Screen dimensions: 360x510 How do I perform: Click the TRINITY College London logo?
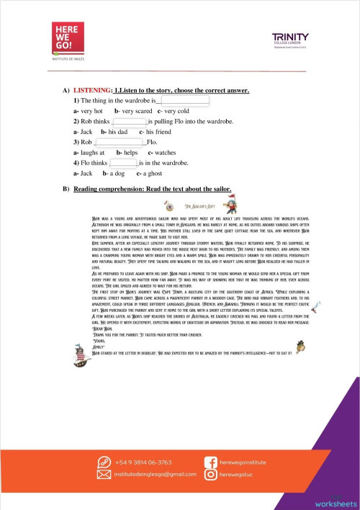289,40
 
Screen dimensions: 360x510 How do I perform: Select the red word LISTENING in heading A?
92,90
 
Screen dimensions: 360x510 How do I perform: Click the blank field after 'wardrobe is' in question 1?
184,102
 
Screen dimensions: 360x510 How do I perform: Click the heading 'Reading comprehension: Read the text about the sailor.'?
152,189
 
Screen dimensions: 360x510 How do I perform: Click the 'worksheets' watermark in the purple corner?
335,502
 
